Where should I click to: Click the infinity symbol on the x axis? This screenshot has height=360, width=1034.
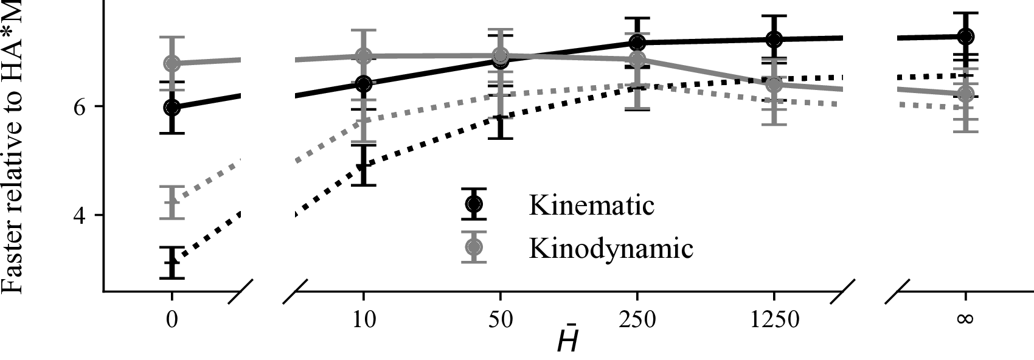pyautogui.click(x=965, y=319)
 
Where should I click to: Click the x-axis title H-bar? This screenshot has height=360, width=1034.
pyautogui.click(x=567, y=342)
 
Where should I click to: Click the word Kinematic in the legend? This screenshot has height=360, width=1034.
pyautogui.click(x=591, y=205)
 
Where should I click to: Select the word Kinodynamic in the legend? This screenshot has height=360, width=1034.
pyautogui.click(x=611, y=248)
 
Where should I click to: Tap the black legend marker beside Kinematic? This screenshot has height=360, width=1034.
pyautogui.click(x=474, y=203)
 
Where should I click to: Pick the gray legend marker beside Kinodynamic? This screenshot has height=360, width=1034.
pyautogui.click(x=474, y=247)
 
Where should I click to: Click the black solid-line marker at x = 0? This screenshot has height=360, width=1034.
pyautogui.click(x=172, y=108)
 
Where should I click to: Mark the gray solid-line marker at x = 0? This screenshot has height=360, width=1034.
pyautogui.click(x=172, y=63)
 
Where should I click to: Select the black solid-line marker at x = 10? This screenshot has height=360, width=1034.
pyautogui.click(x=363, y=84)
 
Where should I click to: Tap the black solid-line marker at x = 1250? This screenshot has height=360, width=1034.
pyautogui.click(x=774, y=40)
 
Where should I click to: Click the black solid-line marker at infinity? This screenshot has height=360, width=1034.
pyautogui.click(x=965, y=36)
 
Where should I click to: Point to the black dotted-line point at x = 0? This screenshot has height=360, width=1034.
pyautogui.click(x=172, y=263)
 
